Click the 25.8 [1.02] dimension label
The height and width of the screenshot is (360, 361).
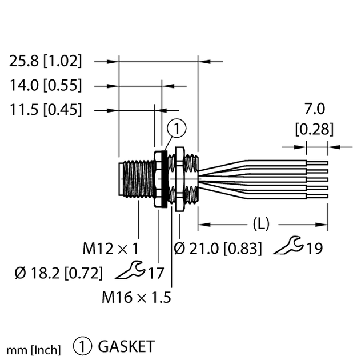(46, 61)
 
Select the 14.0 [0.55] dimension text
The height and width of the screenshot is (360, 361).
(46, 86)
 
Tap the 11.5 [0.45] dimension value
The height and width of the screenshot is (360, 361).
(46, 109)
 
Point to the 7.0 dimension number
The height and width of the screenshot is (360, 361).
(314, 109)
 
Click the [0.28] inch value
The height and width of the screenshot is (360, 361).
(314, 129)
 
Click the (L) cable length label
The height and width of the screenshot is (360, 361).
(260, 223)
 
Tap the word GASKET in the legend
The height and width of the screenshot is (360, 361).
(126, 346)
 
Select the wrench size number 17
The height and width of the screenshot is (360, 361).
(157, 273)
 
